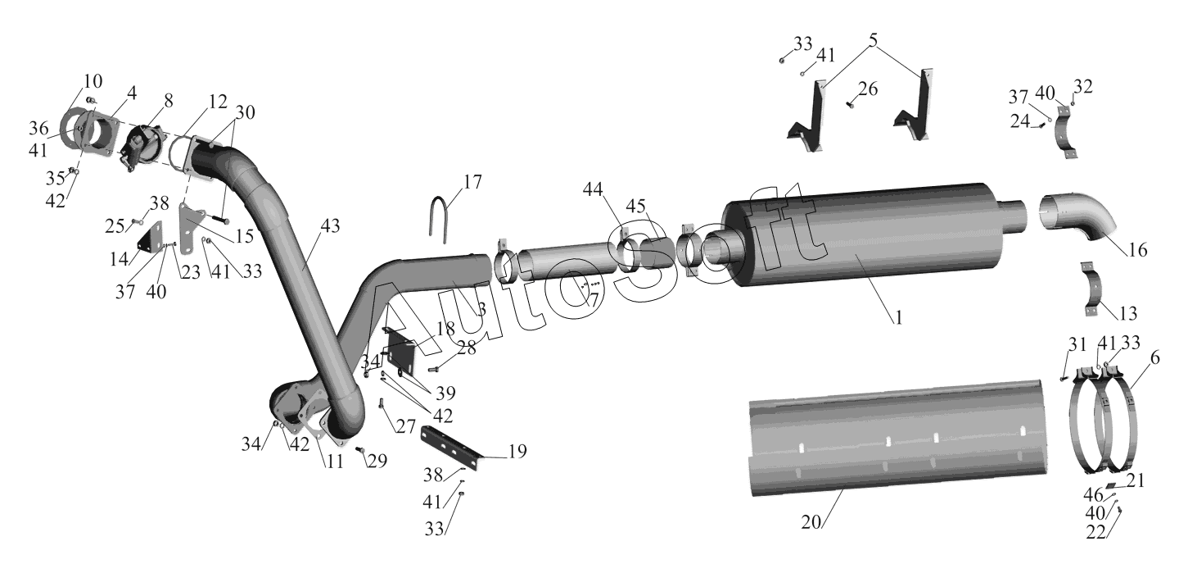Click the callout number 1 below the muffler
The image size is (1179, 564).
898,317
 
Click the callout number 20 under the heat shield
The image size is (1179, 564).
811,522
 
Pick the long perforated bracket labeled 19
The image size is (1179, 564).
453,448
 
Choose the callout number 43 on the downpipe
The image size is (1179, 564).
331,225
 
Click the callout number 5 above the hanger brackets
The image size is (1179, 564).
873,40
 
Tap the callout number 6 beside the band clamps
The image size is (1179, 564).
1155,358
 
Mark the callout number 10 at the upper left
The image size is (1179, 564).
93,81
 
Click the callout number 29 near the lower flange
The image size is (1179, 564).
377,461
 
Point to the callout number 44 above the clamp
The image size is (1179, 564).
593,189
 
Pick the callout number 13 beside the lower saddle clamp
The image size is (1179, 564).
1127,313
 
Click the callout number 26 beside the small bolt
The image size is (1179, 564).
868,89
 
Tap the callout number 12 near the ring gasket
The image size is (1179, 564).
217,101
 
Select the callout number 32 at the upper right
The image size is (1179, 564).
1083,86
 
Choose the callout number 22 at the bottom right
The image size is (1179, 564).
1096,532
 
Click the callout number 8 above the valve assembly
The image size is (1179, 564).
168,101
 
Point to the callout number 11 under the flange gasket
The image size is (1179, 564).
334,462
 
